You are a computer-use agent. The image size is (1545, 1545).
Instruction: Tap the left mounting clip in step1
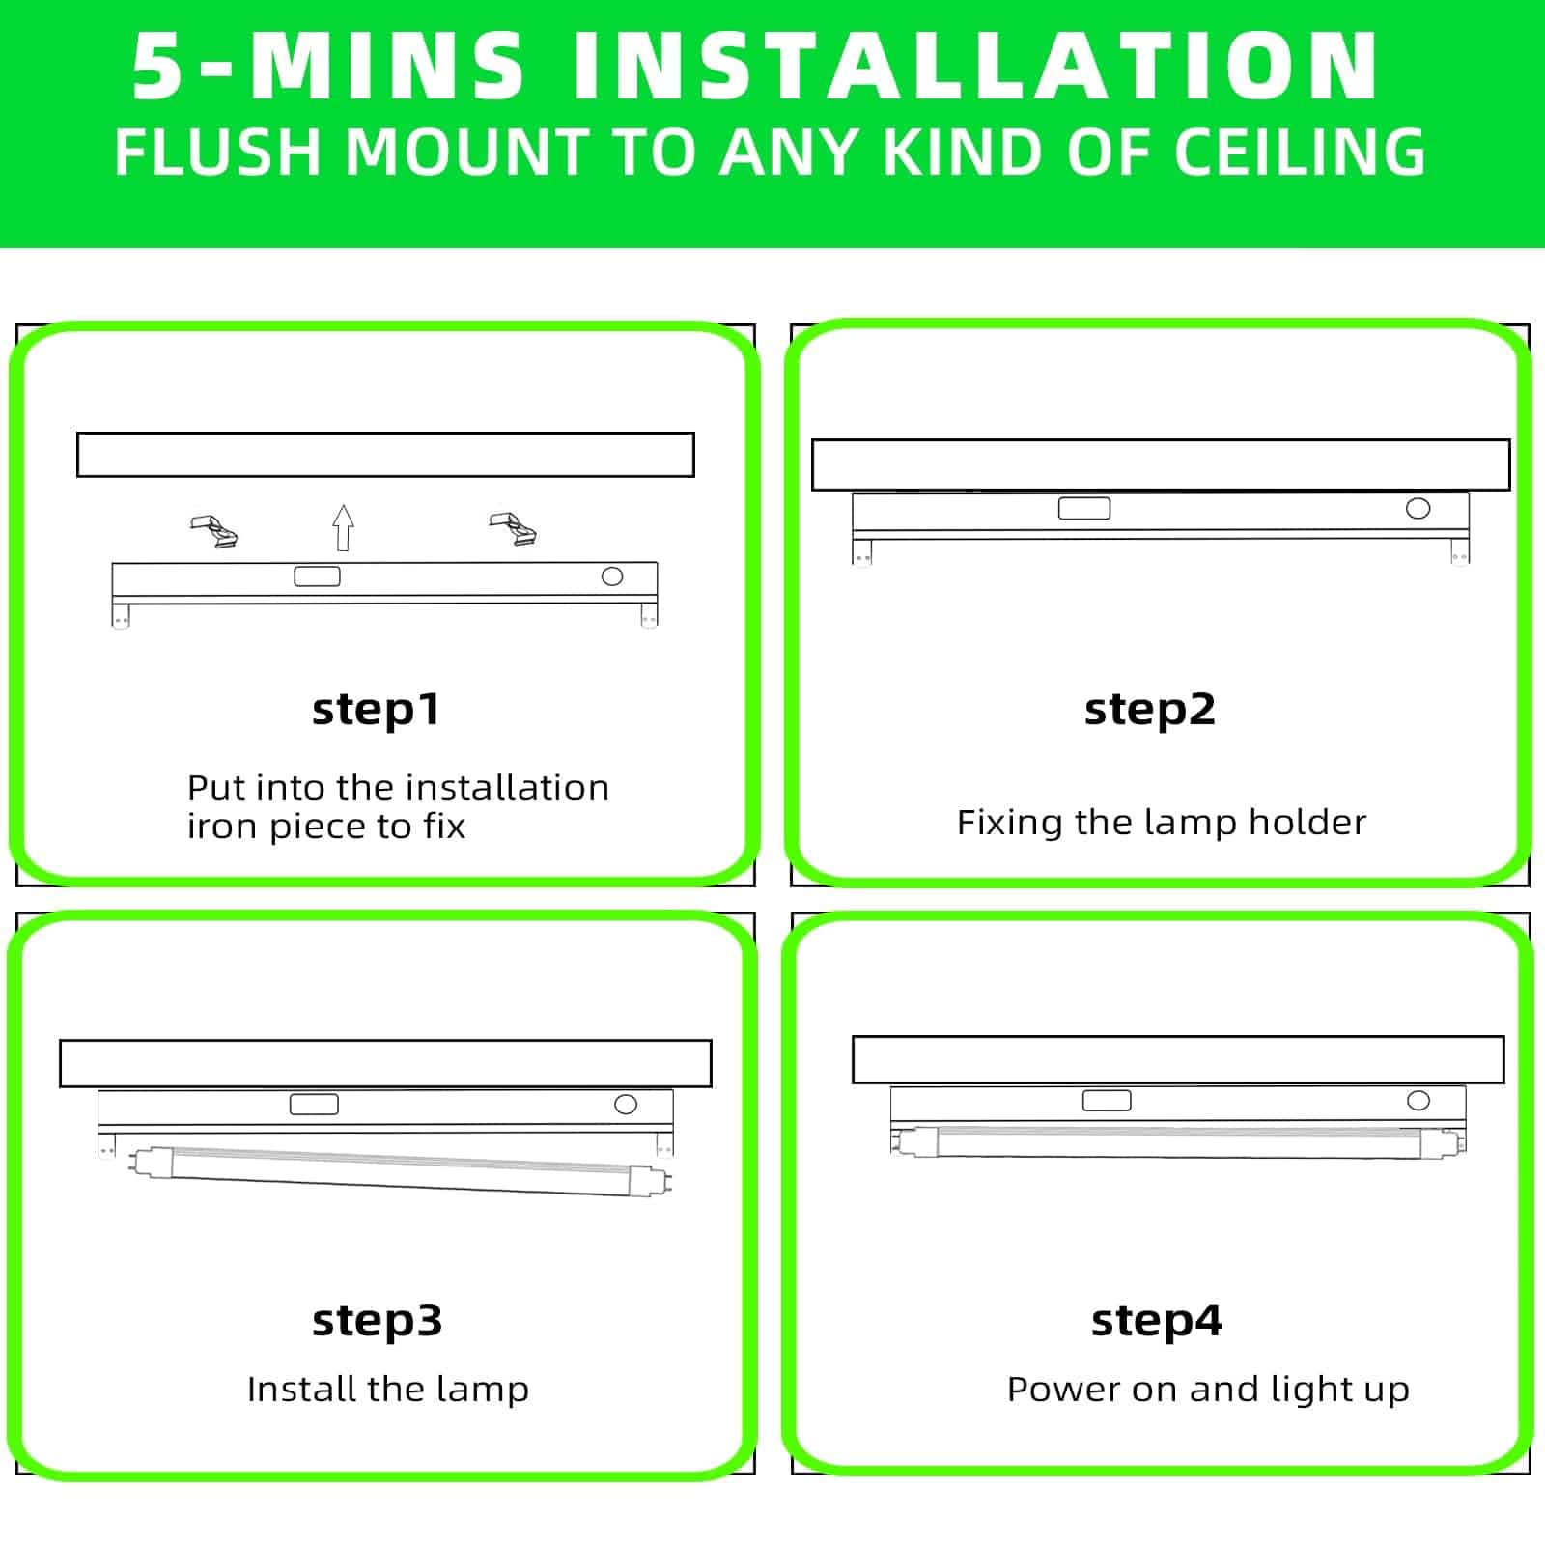[214, 531]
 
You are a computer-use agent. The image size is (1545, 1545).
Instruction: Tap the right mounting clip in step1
[513, 528]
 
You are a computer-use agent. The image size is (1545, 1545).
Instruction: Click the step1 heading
[376, 710]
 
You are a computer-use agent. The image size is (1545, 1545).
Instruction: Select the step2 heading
[1149, 710]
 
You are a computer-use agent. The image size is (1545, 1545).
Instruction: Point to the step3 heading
[377, 1320]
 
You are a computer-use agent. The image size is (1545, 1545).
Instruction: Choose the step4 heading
[1156, 1320]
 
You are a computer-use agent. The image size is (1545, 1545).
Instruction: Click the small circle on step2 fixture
[1418, 508]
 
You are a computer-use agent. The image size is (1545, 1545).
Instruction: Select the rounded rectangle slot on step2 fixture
[1083, 508]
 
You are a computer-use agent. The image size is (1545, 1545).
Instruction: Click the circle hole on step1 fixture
[612, 576]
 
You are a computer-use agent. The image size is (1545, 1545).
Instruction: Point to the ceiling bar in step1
[385, 455]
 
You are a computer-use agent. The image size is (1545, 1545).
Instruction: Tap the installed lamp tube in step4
[1178, 1142]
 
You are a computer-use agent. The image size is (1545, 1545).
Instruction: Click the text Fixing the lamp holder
[1161, 823]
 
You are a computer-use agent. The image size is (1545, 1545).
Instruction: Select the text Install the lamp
[387, 1390]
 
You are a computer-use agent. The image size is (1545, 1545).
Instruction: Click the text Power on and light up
[1207, 1390]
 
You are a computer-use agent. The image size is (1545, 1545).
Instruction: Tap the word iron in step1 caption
[222, 828]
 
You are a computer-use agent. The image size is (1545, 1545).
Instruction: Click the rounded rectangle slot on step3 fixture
[314, 1104]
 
